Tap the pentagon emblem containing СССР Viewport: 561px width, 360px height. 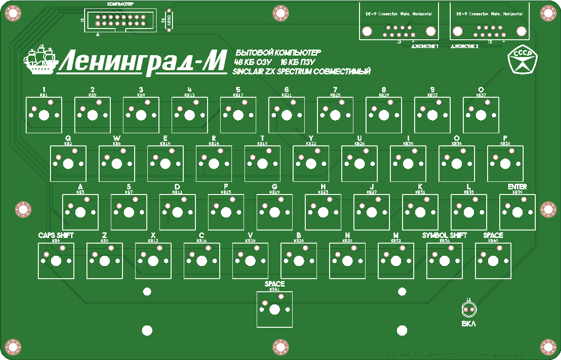(523, 60)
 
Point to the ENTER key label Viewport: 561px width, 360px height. (517, 187)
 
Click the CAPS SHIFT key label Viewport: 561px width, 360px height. (56, 236)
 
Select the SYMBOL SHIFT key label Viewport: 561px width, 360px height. (444, 236)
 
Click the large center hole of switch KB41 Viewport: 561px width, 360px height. (274, 310)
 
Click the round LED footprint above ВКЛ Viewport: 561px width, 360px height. (468, 309)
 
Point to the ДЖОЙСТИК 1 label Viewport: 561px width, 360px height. (424, 47)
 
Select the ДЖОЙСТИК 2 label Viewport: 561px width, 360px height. (464, 47)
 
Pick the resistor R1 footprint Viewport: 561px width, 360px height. (168, 20)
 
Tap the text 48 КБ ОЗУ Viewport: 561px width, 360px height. (252, 62)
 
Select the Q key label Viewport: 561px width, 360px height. (68, 138)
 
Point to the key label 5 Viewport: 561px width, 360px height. (238, 90)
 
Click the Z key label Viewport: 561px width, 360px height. (104, 236)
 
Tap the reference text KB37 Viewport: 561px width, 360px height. (481, 95)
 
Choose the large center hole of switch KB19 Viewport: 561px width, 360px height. (275, 212)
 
